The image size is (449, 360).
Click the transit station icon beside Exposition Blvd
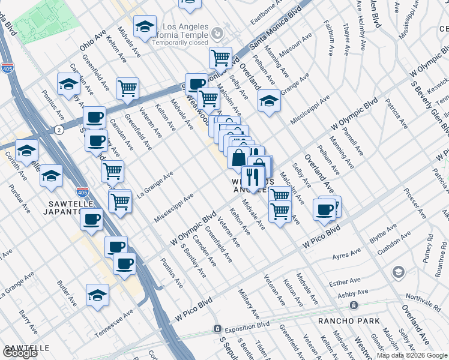coord(217,329)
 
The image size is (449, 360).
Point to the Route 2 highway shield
coord(58,130)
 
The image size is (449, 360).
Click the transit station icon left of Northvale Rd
coord(354,305)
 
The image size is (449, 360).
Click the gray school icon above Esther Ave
coord(398,273)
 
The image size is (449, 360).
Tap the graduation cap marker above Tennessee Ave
coord(98,295)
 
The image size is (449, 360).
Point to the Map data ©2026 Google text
coord(412,355)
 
